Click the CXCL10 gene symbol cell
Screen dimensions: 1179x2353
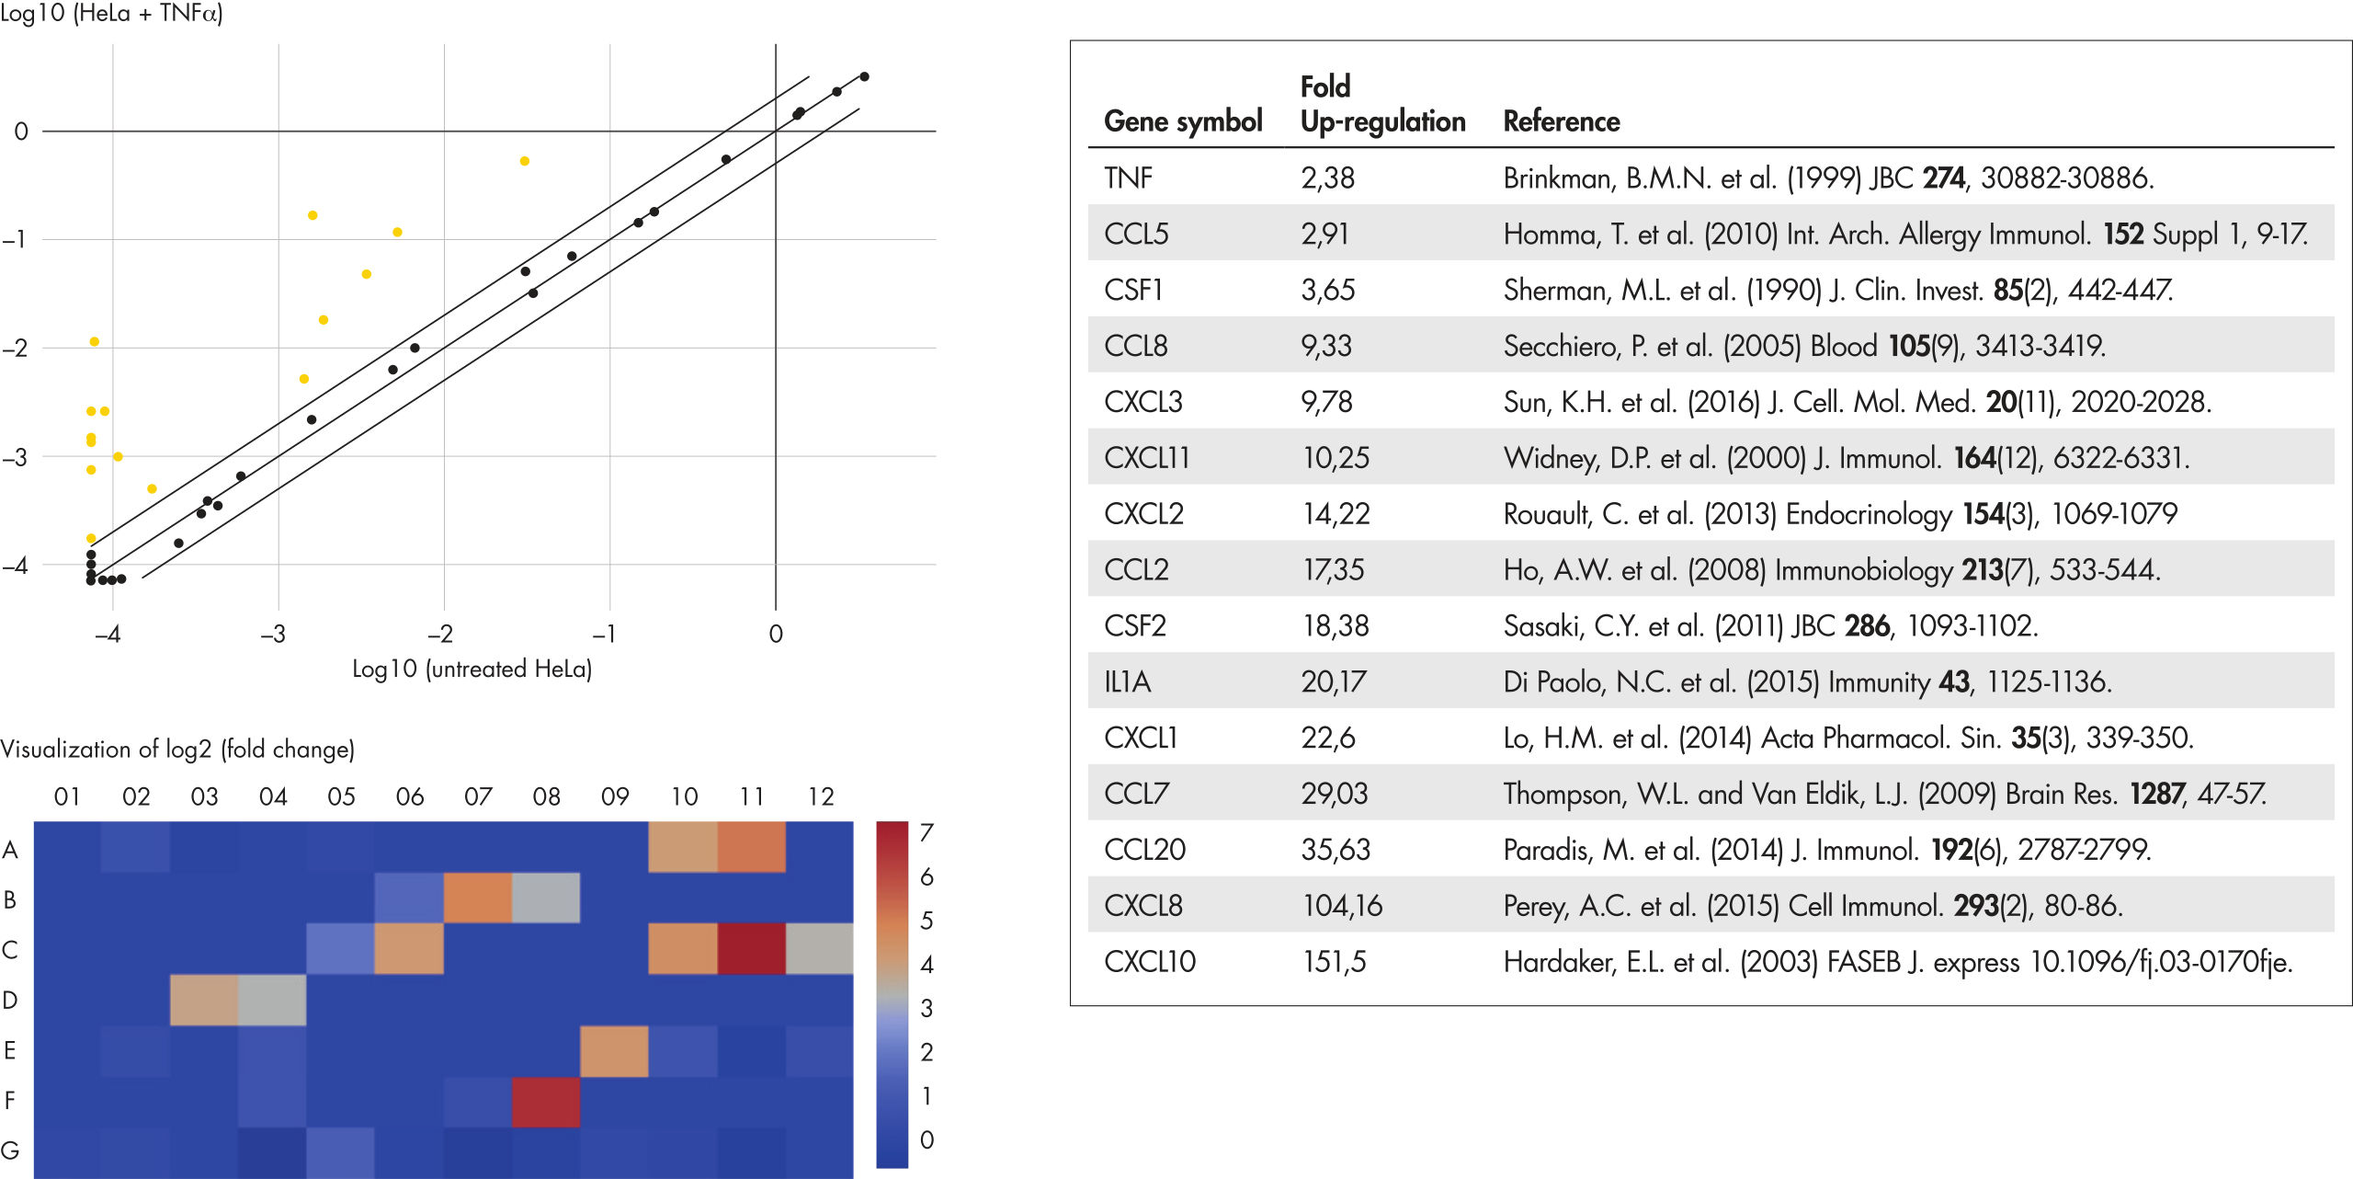click(1149, 962)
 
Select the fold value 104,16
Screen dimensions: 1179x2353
click(1342, 906)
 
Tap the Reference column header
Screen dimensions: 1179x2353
click(1561, 121)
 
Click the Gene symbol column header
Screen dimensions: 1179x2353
click(1183, 121)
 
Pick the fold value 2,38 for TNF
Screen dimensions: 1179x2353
click(1327, 177)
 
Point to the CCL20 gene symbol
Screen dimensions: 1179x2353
click(1144, 850)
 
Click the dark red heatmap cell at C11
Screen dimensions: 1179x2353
click(751, 948)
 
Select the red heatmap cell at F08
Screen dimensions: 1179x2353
click(546, 1101)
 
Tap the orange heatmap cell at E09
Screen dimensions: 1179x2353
click(614, 1050)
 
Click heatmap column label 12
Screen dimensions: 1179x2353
click(820, 796)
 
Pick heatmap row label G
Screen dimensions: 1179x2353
click(10, 1150)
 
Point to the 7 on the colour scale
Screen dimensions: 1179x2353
click(926, 833)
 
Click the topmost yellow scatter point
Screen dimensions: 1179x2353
click(525, 161)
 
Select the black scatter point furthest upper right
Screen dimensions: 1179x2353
click(864, 76)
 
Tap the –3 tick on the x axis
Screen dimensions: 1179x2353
click(272, 634)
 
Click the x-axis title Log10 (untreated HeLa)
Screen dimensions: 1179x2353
click(472, 669)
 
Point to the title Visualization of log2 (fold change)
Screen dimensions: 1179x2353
click(177, 750)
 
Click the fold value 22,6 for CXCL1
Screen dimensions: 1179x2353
click(1327, 738)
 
